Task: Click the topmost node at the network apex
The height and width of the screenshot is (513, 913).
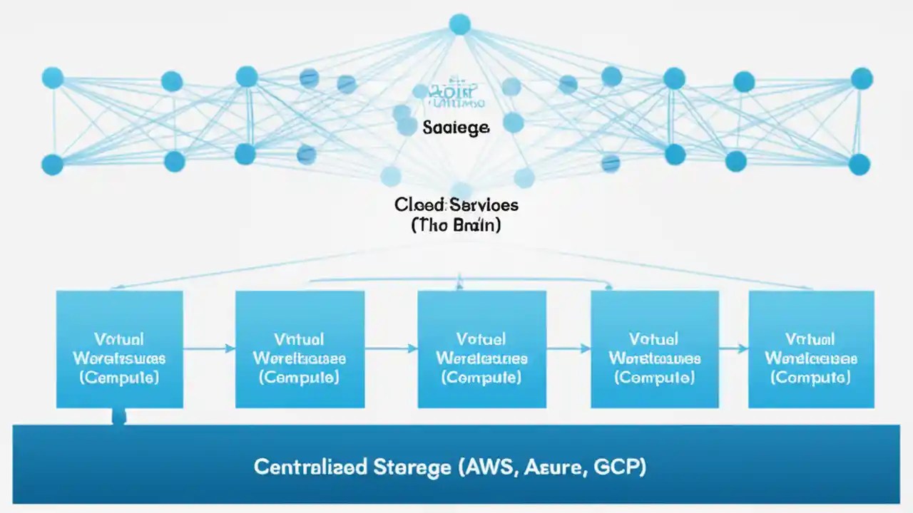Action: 460,24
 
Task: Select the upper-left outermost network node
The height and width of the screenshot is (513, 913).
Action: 53,78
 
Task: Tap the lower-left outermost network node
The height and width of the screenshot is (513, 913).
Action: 52,164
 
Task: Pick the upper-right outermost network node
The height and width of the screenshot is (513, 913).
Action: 862,78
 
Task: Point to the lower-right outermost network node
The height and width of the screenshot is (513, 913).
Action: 860,165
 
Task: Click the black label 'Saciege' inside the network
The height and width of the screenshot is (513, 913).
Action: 456,128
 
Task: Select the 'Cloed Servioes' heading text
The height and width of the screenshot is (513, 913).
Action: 456,205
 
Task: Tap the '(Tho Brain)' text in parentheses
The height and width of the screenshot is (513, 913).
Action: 456,225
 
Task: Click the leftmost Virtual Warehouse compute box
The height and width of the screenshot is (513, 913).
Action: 119,349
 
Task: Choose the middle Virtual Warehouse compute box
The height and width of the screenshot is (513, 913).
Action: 481,349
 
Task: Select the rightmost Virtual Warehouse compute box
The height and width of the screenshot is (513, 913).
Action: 811,349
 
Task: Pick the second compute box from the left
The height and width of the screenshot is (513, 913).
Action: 300,349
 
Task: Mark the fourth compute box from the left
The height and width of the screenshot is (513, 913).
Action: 655,349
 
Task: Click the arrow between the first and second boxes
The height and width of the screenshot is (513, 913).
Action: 209,348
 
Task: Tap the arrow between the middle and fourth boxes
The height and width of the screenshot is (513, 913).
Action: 568,348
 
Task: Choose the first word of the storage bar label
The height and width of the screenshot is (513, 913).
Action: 310,467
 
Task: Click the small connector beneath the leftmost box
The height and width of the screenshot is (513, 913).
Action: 119,417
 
